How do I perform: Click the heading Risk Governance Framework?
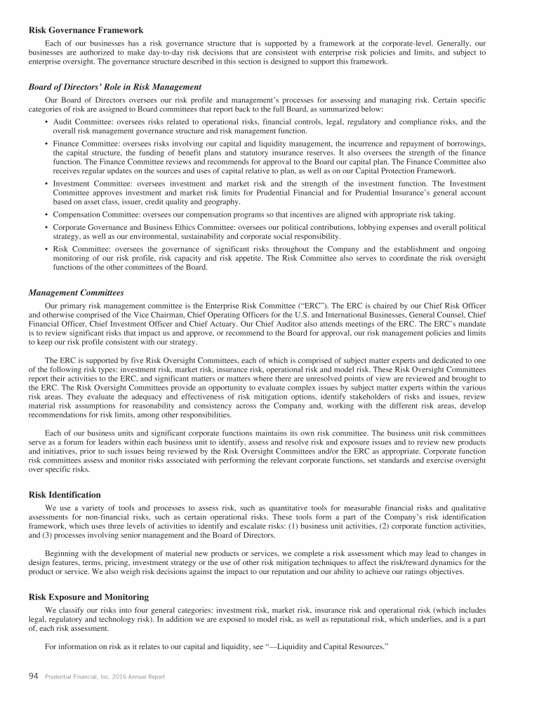click(86, 30)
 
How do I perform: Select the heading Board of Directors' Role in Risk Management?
click(115, 87)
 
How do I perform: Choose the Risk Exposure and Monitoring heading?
click(88, 597)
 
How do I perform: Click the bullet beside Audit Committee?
click(46, 122)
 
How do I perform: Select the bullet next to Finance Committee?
click(46, 143)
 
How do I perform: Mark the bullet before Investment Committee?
click(46, 184)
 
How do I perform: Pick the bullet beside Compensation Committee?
click(46, 214)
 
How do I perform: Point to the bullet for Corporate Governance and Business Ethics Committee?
click(46, 227)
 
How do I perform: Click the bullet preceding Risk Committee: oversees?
click(46, 247)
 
